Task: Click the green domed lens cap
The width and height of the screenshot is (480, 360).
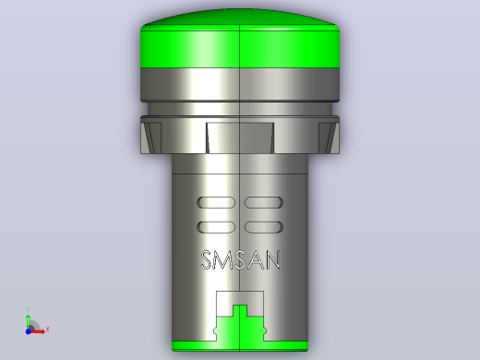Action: [240, 39]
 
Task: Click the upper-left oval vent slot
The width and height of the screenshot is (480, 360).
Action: [216, 202]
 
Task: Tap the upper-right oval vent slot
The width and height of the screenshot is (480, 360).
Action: [264, 202]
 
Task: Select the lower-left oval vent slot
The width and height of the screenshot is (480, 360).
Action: [216, 227]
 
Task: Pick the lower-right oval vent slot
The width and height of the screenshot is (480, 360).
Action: [264, 227]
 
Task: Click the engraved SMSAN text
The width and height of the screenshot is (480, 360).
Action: [240, 260]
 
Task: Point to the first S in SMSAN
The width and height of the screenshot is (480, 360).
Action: [207, 260]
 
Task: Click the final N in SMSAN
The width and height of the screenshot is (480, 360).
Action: [272, 260]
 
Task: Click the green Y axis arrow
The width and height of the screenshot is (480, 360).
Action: [28, 321]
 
